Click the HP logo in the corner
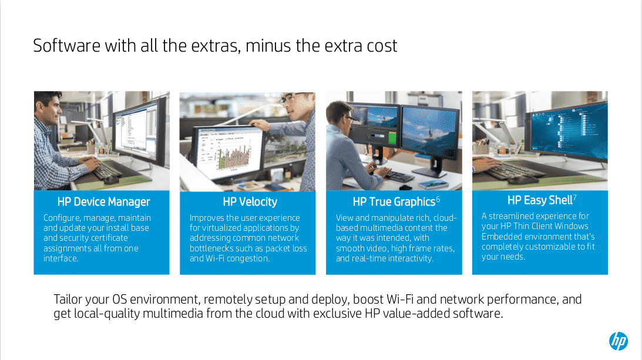pyautogui.click(x=619, y=341)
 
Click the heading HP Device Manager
pyautogui.click(x=103, y=201)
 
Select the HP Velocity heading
pyautogui.click(x=250, y=201)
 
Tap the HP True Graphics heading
pyautogui.click(x=394, y=201)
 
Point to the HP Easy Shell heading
pyautogui.click(x=540, y=200)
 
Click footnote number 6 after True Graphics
pyautogui.click(x=438, y=199)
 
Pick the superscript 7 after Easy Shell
pyautogui.click(x=575, y=197)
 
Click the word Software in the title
pyautogui.click(x=67, y=45)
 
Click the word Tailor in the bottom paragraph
pyautogui.click(x=67, y=300)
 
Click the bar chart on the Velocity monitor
pyautogui.click(x=233, y=155)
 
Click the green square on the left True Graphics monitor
pyautogui.click(x=392, y=137)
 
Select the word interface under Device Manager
pyautogui.click(x=60, y=258)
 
